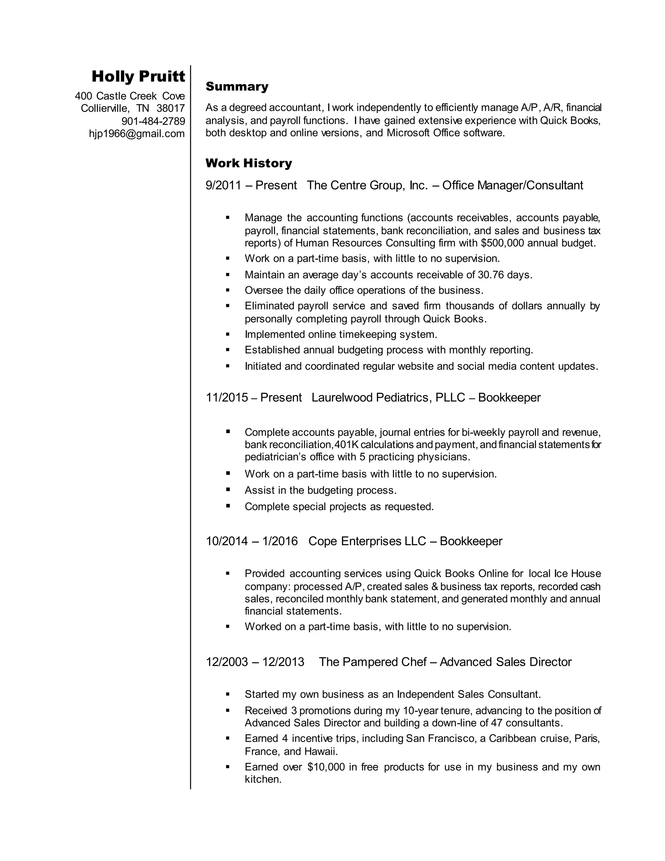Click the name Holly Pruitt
click(x=138, y=76)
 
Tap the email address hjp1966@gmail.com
click(x=137, y=134)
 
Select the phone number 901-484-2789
click(x=153, y=121)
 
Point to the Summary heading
click(x=237, y=86)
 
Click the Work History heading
click(x=249, y=163)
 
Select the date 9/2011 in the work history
click(x=223, y=185)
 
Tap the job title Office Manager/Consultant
click(x=512, y=185)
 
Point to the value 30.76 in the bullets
click(x=491, y=275)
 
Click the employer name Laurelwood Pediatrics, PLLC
click(x=388, y=397)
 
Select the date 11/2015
click(x=227, y=397)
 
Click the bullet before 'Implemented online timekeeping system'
click(x=228, y=334)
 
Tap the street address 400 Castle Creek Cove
click(x=130, y=96)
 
